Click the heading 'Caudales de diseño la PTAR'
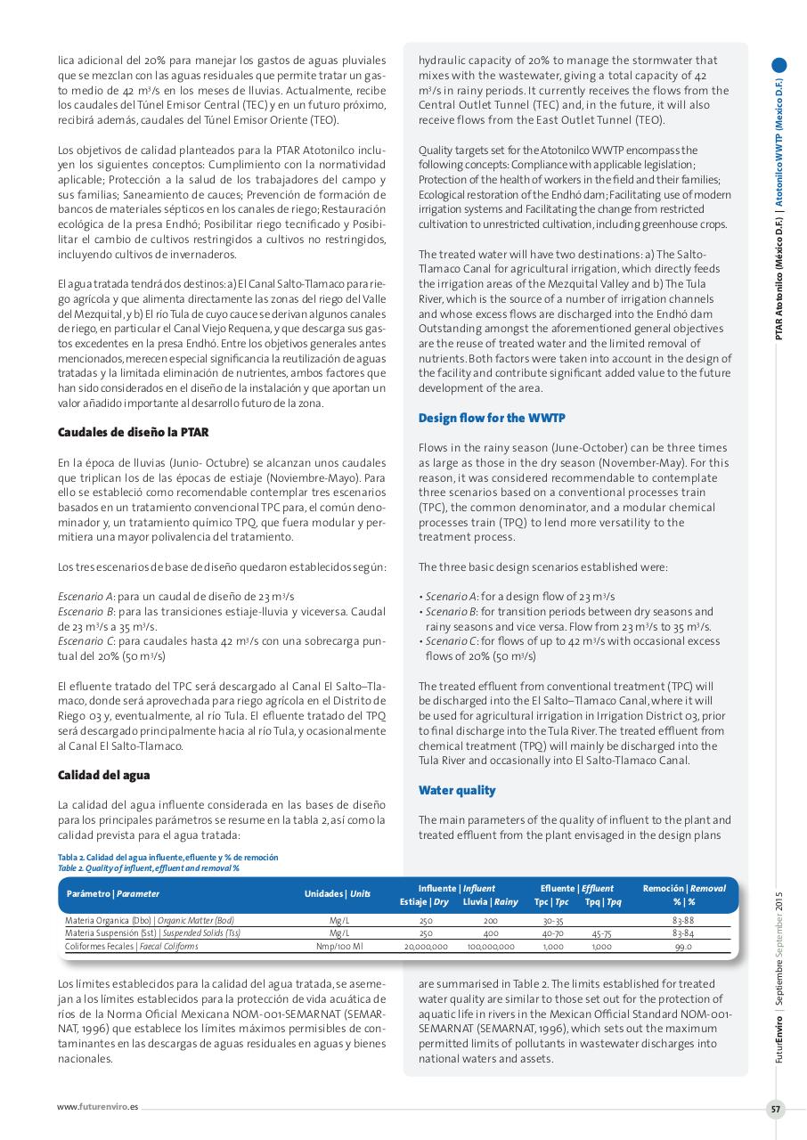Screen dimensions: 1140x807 (x=134, y=432)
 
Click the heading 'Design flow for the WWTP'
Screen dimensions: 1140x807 (x=492, y=418)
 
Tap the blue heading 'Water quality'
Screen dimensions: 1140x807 (x=457, y=790)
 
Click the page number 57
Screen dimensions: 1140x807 (x=775, y=1109)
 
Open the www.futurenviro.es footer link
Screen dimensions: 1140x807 (x=98, y=1107)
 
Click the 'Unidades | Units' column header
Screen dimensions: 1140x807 (x=338, y=893)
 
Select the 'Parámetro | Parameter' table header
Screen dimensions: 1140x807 (x=113, y=893)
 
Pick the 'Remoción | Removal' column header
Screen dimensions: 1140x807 (x=683, y=888)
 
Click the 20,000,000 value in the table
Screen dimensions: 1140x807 (x=426, y=947)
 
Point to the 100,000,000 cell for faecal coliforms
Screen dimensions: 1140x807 (x=491, y=947)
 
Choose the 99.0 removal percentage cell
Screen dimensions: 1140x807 (x=683, y=947)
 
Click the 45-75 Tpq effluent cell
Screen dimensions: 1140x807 (x=601, y=933)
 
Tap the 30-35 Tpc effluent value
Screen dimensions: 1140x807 (x=553, y=920)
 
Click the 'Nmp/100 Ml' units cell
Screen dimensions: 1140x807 (x=338, y=947)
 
